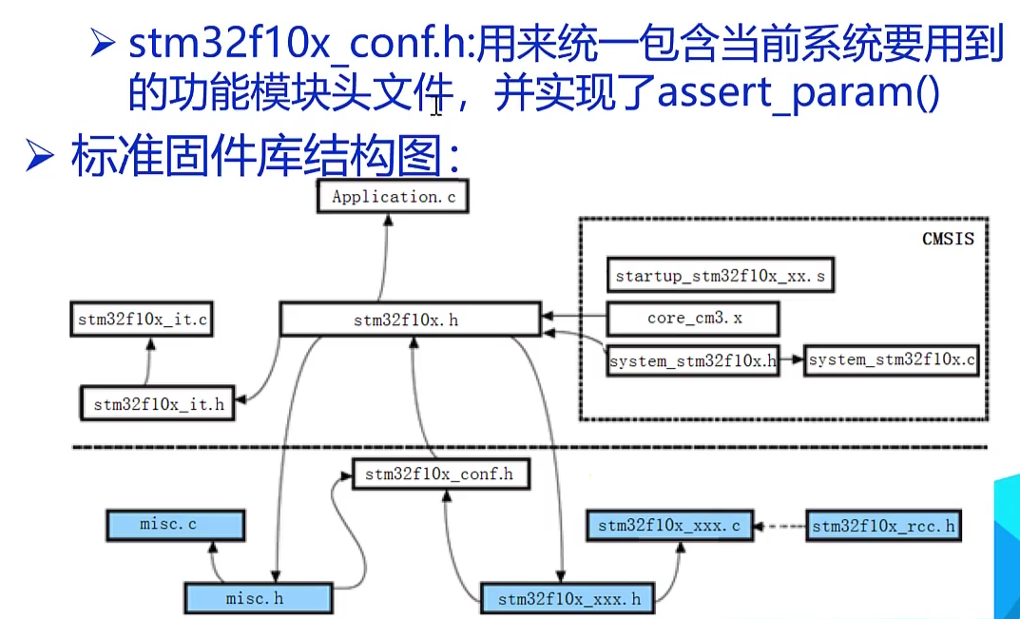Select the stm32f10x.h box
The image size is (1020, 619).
411,319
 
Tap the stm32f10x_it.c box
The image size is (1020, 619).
141,319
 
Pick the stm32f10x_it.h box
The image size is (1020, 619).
159,403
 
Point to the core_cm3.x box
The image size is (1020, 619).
694,319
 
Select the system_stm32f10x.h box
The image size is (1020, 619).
693,360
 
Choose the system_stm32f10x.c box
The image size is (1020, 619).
891,360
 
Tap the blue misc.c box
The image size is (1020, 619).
174,525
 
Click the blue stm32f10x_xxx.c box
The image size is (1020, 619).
668,525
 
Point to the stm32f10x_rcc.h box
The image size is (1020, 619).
883,525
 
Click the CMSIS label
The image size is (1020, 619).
948,239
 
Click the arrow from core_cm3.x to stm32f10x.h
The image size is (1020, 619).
575,318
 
